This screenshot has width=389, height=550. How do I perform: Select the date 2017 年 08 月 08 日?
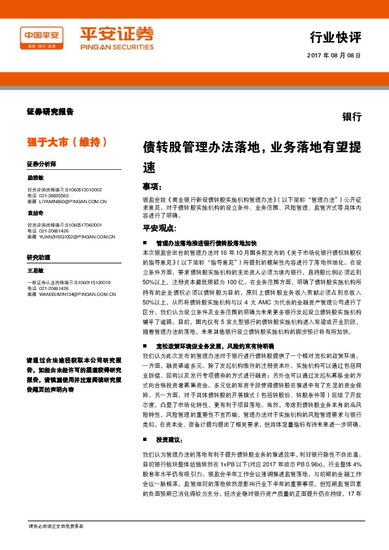point(334,56)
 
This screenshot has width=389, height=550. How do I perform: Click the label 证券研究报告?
point(50,112)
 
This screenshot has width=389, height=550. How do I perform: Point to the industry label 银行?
point(352,116)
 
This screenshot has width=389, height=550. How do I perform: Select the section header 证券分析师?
point(42,163)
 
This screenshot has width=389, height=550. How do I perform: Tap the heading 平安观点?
point(160,228)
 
